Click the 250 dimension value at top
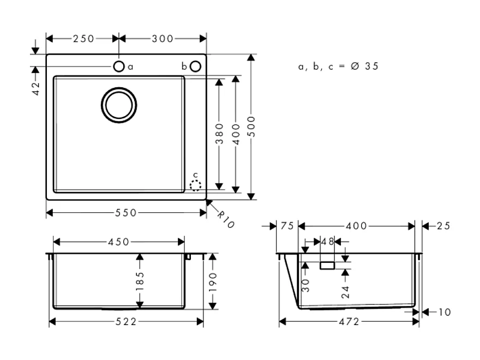pyautogui.click(x=83, y=38)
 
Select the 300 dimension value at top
pyautogui.click(x=163, y=38)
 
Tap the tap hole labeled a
pyautogui.click(x=119, y=67)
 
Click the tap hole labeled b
pyautogui.click(x=196, y=67)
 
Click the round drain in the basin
pyautogui.click(x=118, y=104)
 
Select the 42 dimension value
pyautogui.click(x=36, y=88)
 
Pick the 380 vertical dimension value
pyautogui.click(x=219, y=133)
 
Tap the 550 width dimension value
pyautogui.click(x=125, y=213)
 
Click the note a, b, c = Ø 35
pyautogui.click(x=338, y=67)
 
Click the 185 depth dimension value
pyautogui.click(x=140, y=281)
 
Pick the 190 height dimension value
pyautogui.click(x=212, y=283)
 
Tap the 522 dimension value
pyautogui.click(x=126, y=322)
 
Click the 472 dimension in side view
pyautogui.click(x=349, y=322)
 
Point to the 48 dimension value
pyautogui.click(x=327, y=241)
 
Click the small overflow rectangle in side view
pyautogui.click(x=327, y=265)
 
